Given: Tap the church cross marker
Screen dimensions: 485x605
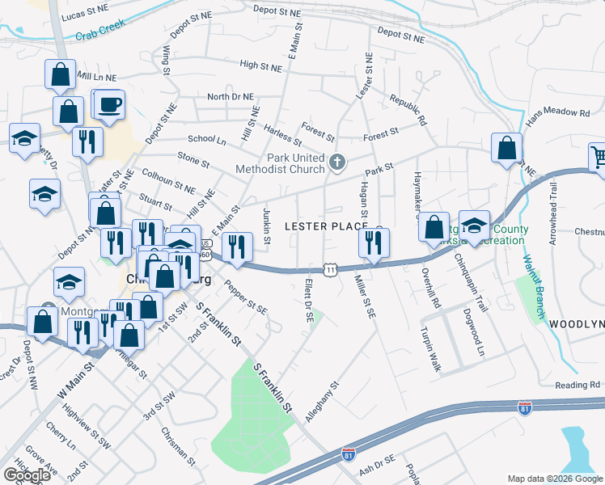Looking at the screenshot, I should (x=338, y=164).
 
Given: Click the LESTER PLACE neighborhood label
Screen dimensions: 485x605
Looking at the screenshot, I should (x=326, y=226).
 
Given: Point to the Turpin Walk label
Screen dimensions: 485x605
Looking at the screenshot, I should (x=430, y=349).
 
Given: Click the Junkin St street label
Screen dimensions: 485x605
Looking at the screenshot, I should (x=266, y=225).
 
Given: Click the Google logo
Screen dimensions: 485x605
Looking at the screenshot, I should (x=27, y=474).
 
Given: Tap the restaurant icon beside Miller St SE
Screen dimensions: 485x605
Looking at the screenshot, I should (x=374, y=242).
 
